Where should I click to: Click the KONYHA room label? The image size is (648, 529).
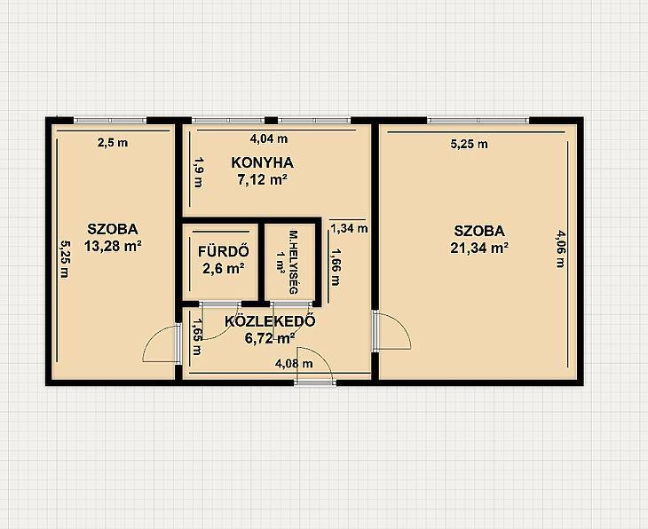pos(262,162)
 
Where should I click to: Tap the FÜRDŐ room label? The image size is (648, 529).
pos(224,251)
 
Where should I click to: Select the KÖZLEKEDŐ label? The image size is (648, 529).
pos(271,321)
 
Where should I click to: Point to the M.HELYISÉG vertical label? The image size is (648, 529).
pos(293,262)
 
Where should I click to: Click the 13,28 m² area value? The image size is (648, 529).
pos(113,247)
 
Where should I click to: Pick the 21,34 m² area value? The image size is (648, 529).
pos(479,248)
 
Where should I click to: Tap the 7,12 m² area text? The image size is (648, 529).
pos(263,180)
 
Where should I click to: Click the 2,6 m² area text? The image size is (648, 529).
pos(223,269)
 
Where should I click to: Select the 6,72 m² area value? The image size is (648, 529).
pos(270,338)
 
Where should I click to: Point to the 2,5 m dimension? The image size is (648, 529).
pos(113,143)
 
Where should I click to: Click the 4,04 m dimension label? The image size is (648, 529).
pos(269,138)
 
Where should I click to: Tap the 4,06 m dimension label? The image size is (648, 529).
pos(560,249)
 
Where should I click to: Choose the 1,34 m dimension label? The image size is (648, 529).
pos(349,228)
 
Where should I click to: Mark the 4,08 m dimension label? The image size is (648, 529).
pos(294,364)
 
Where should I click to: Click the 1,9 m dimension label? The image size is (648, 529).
pos(198,172)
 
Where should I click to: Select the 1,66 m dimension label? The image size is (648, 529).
pos(336,267)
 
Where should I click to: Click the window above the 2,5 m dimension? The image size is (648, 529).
pos(110,120)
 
